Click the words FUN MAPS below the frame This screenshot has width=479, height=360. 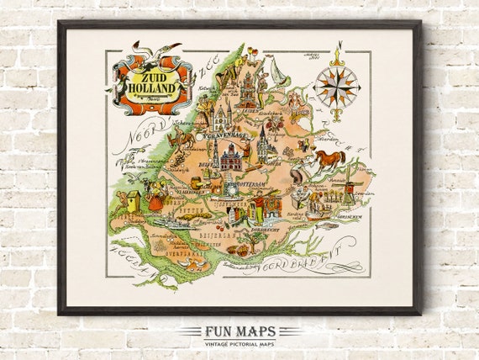point(239,331)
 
